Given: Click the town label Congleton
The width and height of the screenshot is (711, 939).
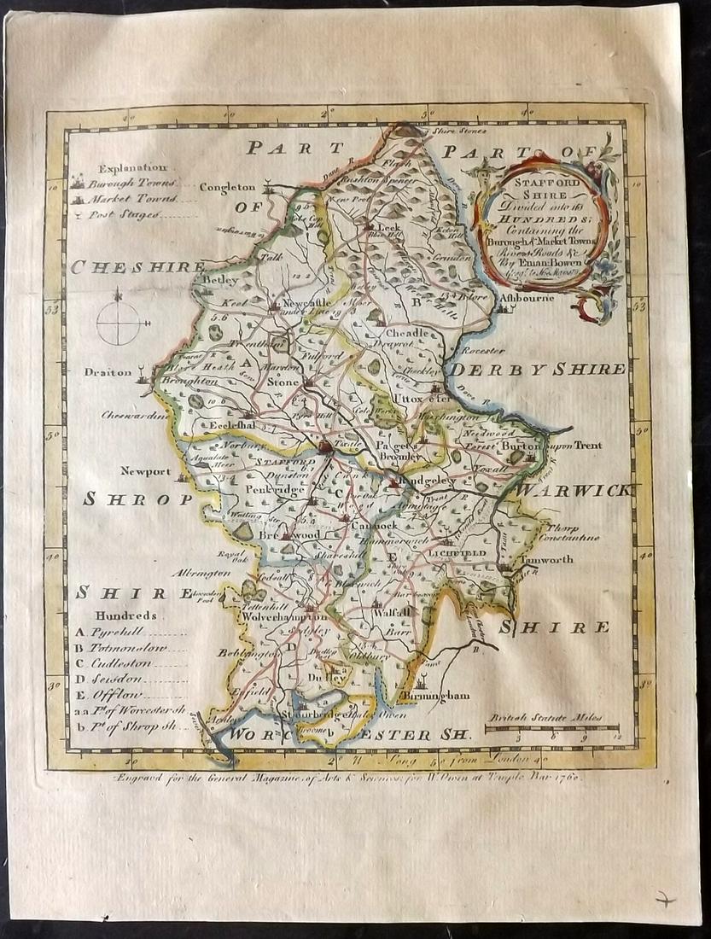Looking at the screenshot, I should click(227, 187).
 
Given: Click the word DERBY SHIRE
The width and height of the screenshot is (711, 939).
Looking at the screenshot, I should click(538, 369).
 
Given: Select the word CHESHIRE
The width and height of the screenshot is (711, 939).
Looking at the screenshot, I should click(137, 266).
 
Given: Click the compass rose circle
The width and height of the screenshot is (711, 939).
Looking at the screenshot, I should click(117, 323).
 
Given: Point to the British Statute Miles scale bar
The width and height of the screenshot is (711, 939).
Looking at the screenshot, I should click(552, 728).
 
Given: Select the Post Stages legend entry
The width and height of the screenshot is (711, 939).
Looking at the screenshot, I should click(129, 214).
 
